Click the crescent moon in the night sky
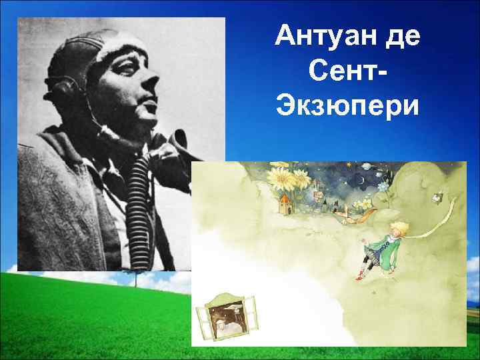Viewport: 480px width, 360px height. tap(361, 180)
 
